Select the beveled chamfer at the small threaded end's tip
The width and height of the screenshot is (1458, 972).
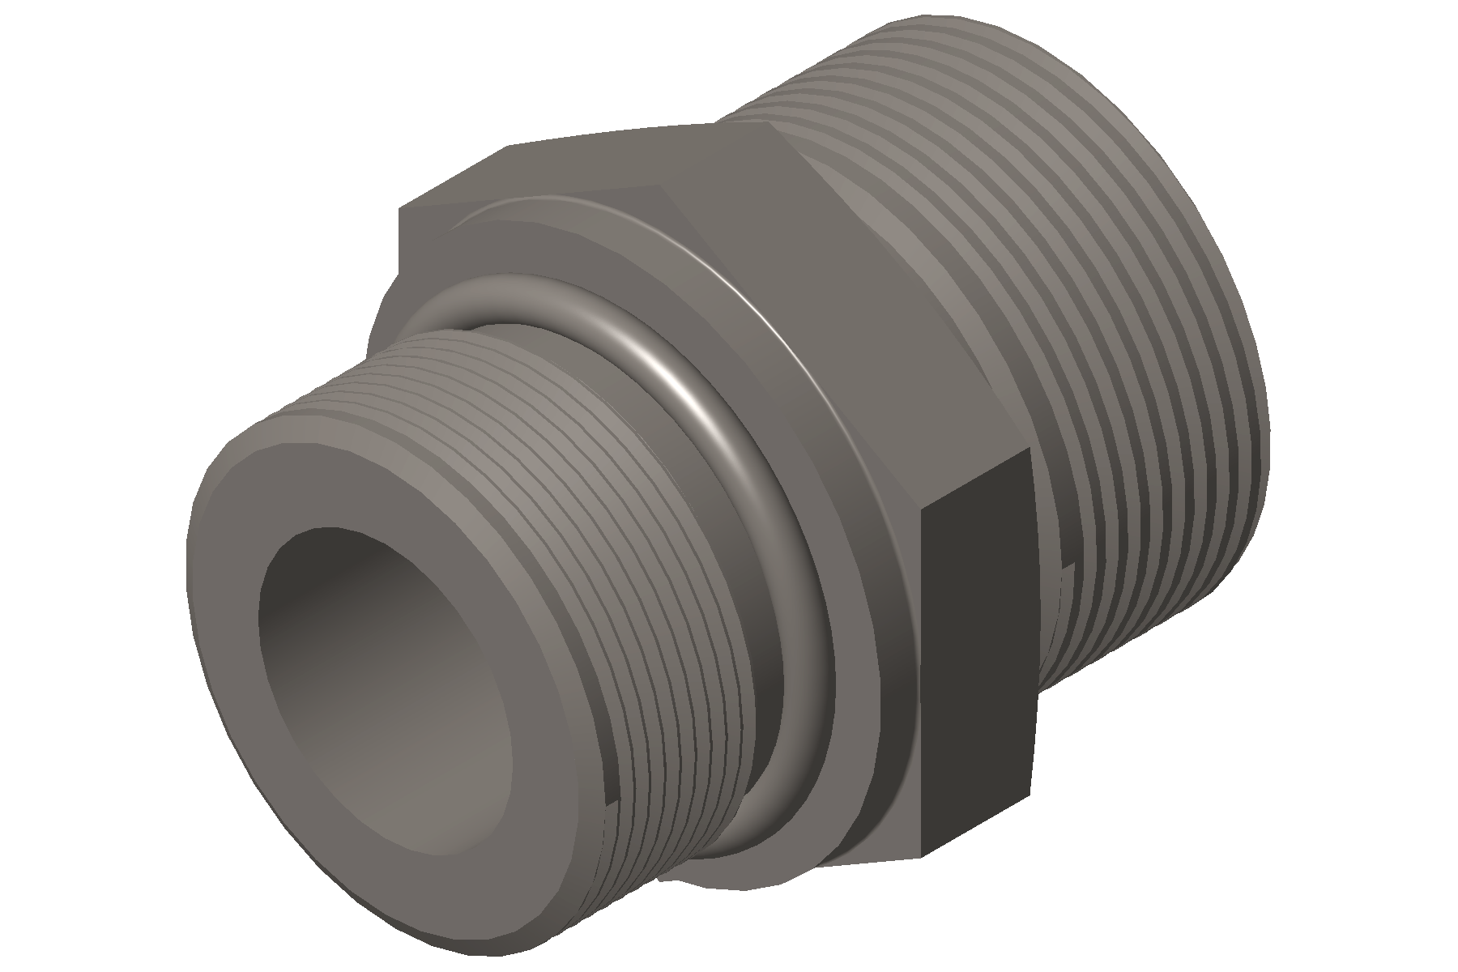(x=198, y=518)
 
